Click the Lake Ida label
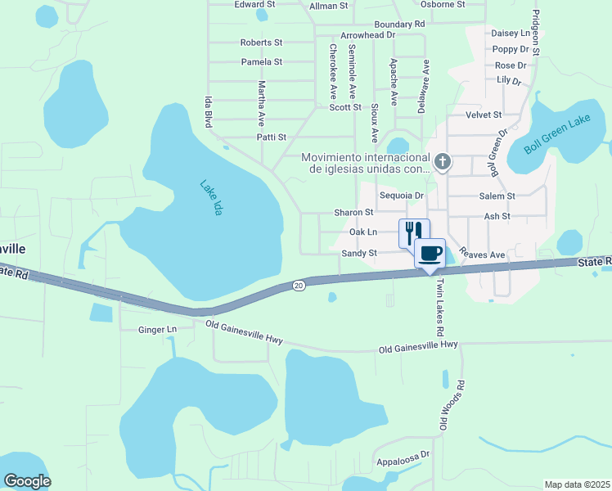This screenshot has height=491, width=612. pyautogui.click(x=211, y=197)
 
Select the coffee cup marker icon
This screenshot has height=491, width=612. pyautogui.click(x=430, y=252)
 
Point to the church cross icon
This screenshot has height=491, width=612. pyautogui.click(x=442, y=161)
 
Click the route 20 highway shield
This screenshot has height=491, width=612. pyautogui.click(x=299, y=285)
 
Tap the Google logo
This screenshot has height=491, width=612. pyautogui.click(x=28, y=481)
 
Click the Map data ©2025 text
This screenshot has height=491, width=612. pyautogui.click(x=577, y=484)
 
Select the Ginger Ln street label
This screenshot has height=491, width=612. pyautogui.click(x=159, y=330)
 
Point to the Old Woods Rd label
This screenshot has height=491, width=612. pyautogui.click(x=452, y=405)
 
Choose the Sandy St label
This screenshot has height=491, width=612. pyautogui.click(x=359, y=254)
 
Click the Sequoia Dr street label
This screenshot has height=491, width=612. pyautogui.click(x=402, y=196)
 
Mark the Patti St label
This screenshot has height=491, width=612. pyautogui.click(x=271, y=137)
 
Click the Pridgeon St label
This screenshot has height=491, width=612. pyautogui.click(x=536, y=33)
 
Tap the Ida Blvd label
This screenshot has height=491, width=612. pyautogui.click(x=208, y=111)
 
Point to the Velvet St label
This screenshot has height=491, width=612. pyautogui.click(x=483, y=115)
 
